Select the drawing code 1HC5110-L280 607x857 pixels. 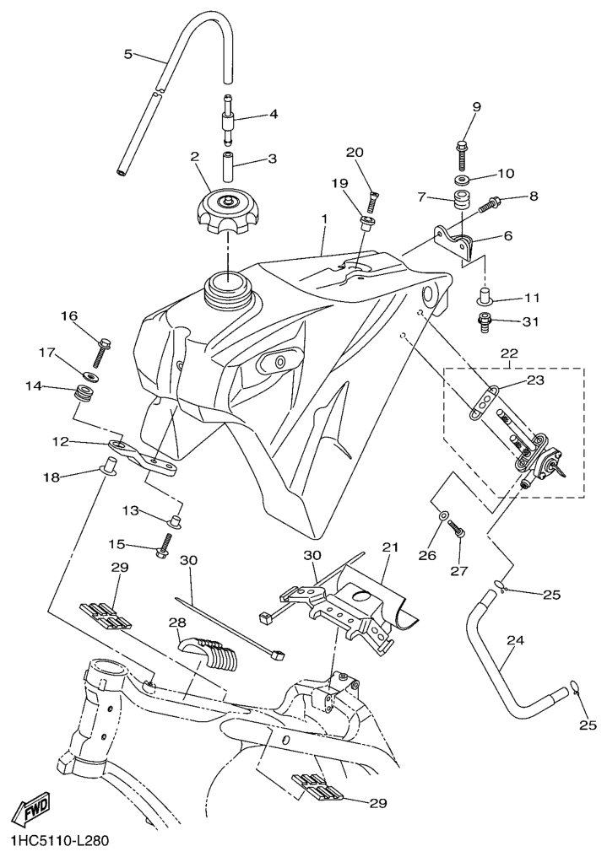click(x=59, y=841)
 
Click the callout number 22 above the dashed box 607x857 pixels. click(x=510, y=352)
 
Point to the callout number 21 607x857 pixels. click(x=389, y=547)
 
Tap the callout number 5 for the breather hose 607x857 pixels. click(x=128, y=54)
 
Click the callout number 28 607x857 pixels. click(x=175, y=622)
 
